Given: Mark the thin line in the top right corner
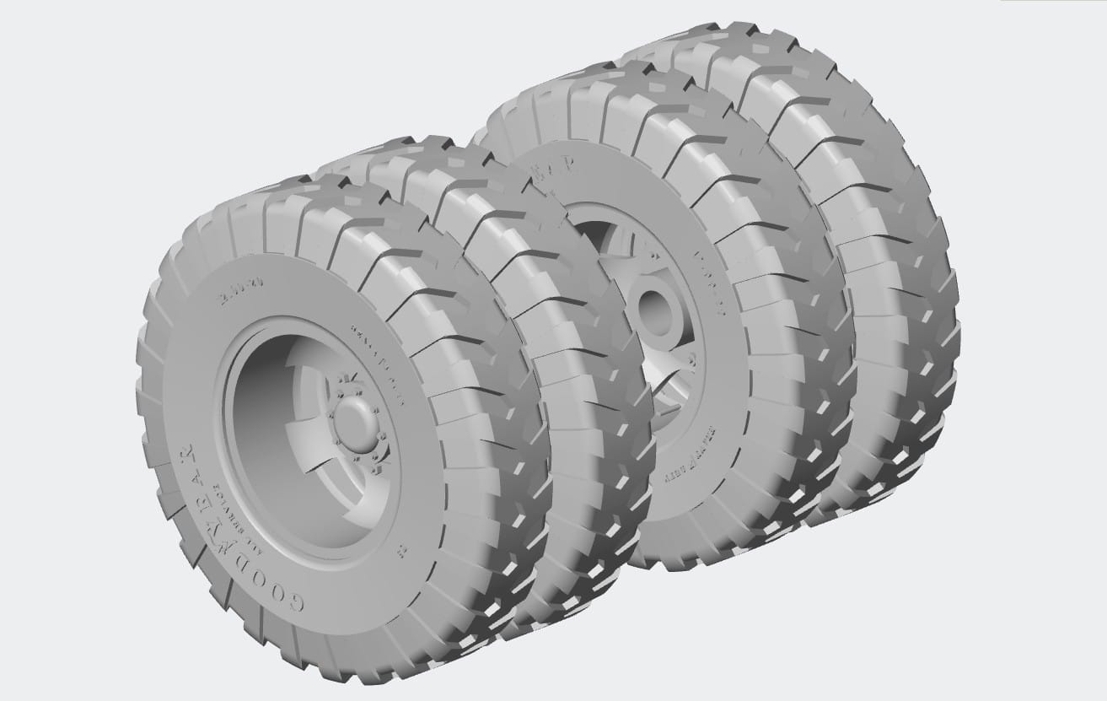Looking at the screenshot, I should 1054,1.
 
